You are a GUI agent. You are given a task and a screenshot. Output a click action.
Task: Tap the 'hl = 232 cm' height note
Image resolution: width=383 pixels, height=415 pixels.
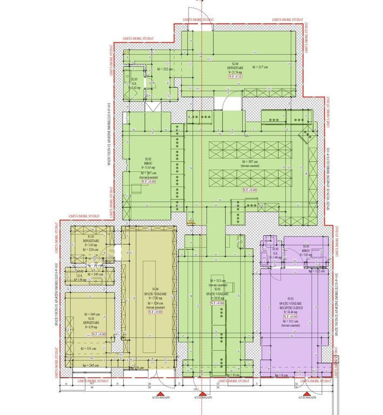pyautogui.click(x=164, y=70)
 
